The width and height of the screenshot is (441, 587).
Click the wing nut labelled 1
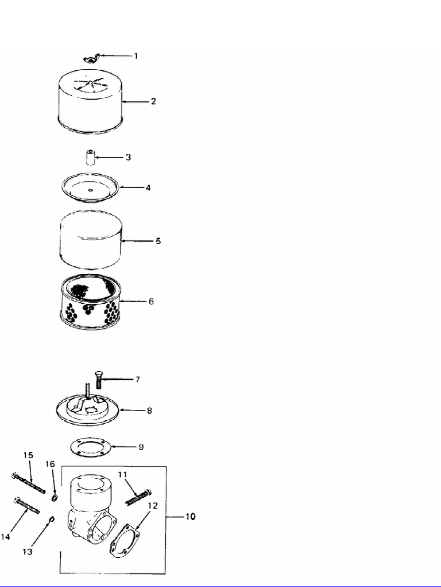pyautogui.click(x=91, y=57)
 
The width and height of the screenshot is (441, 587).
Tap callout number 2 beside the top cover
pyautogui.click(x=153, y=101)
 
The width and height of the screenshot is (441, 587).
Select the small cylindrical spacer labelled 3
pyautogui.click(x=90, y=157)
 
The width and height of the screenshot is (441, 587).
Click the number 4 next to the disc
pyautogui.click(x=148, y=187)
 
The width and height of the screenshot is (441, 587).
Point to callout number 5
pyautogui.click(x=158, y=241)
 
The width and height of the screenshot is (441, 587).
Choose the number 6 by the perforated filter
pyautogui.click(x=151, y=301)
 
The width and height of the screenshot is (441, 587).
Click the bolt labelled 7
pyautogui.click(x=98, y=379)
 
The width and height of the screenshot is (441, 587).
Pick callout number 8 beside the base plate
pyautogui.click(x=149, y=410)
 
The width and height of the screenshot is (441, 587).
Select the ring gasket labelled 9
pyautogui.click(x=90, y=447)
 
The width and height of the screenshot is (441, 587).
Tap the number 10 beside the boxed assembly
pyautogui.click(x=189, y=516)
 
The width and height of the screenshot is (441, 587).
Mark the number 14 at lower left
pyautogui.click(x=5, y=537)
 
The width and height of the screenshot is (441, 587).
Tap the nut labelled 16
pyautogui.click(x=53, y=496)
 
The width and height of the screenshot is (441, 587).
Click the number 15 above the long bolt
pyautogui.click(x=28, y=455)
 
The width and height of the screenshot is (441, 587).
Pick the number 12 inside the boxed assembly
pyautogui.click(x=152, y=506)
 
